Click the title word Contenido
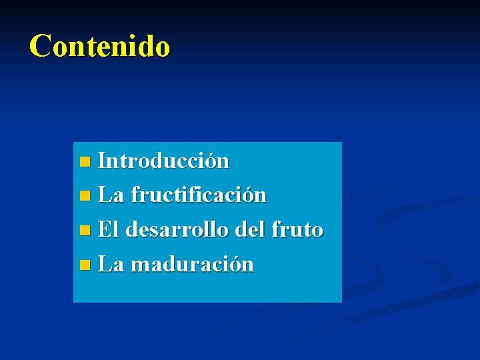[x=100, y=46]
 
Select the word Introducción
[x=163, y=161]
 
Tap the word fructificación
[x=199, y=195]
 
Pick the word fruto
[x=297, y=230]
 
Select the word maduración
[x=192, y=265]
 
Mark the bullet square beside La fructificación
[x=83, y=197]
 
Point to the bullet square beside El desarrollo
[x=83, y=231]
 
